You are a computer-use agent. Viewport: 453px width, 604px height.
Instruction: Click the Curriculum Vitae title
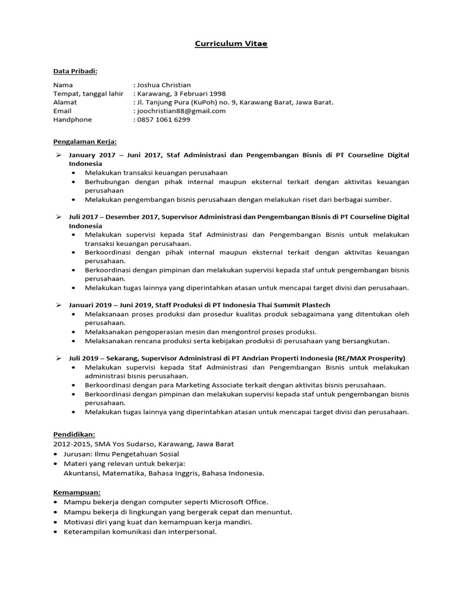pyautogui.click(x=231, y=44)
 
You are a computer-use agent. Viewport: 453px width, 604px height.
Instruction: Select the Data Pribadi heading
pyautogui.click(x=75, y=71)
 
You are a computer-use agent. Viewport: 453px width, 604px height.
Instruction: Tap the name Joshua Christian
pyautogui.click(x=165, y=85)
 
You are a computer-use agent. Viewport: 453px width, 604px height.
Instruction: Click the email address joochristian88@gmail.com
pyautogui.click(x=182, y=110)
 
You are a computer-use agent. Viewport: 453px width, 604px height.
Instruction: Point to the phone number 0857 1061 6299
pyautogui.click(x=164, y=119)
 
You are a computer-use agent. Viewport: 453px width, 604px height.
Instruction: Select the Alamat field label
pyautogui.click(x=65, y=102)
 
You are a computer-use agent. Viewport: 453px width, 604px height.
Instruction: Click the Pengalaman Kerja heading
pyautogui.click(x=85, y=142)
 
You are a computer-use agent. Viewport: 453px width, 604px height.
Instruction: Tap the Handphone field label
pyautogui.click(x=73, y=119)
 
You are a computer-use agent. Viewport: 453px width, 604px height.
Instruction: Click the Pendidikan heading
pyautogui.click(x=74, y=434)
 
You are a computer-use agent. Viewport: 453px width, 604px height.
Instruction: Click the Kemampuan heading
pyautogui.click(x=77, y=492)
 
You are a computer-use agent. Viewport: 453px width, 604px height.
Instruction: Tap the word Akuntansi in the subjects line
pyautogui.click(x=82, y=473)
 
